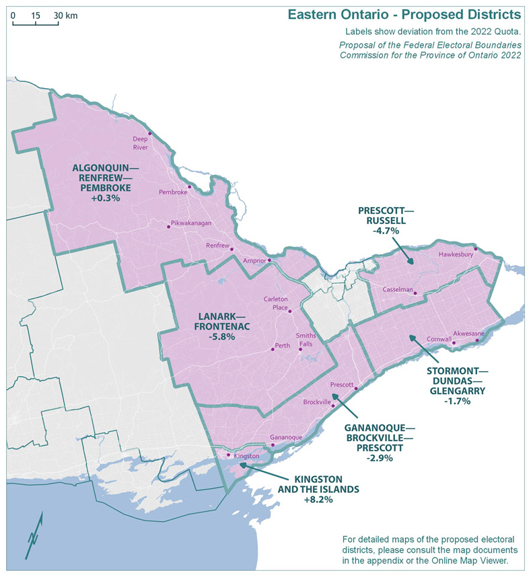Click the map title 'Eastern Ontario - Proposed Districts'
[404, 15]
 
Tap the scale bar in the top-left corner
[36, 24]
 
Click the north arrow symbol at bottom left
[34, 535]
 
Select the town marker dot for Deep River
[150, 133]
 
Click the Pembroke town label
[172, 192]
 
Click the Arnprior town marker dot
[269, 260]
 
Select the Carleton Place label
[276, 303]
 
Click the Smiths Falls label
[306, 338]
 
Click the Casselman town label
[396, 289]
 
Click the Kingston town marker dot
[229, 455]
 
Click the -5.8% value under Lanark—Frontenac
[217, 336]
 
